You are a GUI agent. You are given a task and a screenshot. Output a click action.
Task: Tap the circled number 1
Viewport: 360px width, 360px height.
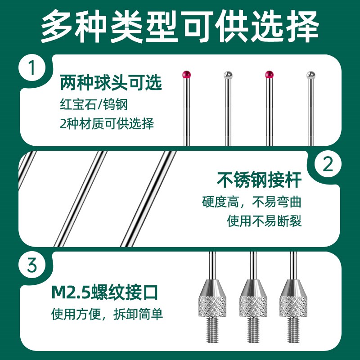(x=33, y=70)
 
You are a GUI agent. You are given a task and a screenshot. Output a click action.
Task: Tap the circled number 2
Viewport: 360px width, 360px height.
(x=328, y=165)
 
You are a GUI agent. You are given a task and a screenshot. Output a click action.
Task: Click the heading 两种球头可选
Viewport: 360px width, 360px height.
(x=111, y=83)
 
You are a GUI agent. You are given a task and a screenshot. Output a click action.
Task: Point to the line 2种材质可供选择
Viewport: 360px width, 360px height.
(x=107, y=124)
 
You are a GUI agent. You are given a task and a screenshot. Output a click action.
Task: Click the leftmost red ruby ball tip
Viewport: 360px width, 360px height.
(x=185, y=74)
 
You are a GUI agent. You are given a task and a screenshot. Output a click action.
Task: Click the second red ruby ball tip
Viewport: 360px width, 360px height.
(x=269, y=74)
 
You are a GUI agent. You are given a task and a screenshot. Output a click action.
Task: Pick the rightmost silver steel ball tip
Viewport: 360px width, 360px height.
(x=310, y=74)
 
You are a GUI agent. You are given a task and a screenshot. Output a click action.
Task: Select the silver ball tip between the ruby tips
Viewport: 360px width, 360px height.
(x=228, y=74)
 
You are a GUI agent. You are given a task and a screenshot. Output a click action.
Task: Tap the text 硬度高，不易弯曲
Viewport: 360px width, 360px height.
(x=251, y=201)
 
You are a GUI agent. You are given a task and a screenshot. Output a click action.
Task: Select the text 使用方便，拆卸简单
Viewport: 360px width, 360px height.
(x=107, y=314)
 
